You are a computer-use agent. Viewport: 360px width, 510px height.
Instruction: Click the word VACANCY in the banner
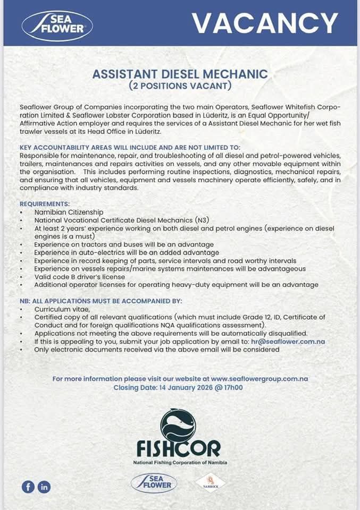[264, 23]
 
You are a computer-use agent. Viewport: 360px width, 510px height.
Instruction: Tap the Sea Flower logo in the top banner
[57, 25]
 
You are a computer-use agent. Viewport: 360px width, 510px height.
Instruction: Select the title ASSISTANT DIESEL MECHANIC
[180, 74]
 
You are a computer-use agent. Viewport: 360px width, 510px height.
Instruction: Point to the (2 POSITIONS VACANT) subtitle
[180, 85]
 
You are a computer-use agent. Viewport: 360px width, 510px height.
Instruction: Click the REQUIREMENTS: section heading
[45, 204]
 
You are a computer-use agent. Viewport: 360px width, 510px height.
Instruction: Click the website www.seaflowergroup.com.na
[259, 379]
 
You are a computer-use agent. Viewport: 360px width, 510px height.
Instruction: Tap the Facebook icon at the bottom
[28, 486]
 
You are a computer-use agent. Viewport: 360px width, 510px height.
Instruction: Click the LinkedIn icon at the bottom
[44, 486]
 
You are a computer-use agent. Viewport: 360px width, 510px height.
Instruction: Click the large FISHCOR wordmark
[178, 449]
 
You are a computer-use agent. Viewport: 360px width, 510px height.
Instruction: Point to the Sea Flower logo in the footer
[154, 483]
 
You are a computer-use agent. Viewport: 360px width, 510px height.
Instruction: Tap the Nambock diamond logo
[211, 483]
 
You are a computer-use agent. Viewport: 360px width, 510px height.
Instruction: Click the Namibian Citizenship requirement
[69, 212]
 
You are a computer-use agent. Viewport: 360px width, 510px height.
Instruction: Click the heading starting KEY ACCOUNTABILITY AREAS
[130, 147]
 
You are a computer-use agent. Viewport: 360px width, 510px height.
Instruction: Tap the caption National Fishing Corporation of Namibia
[180, 463]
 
